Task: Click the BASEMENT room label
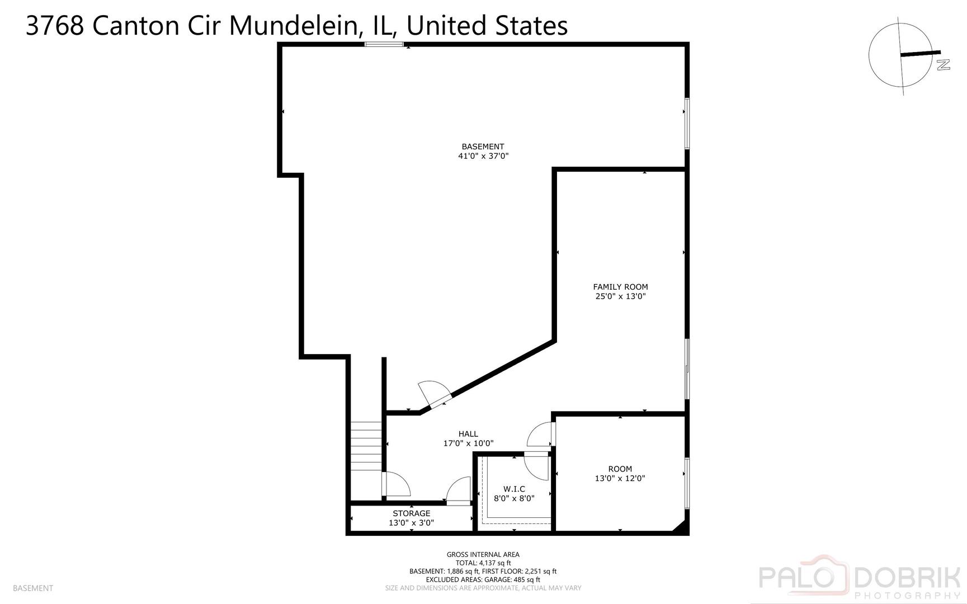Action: [483, 147]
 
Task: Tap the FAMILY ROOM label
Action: [620, 287]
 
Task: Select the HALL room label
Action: [468, 434]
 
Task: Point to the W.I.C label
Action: [514, 489]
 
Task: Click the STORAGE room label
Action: [411, 513]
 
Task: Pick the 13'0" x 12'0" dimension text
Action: [620, 478]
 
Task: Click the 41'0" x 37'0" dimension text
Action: [483, 157]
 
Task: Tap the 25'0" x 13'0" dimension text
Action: [620, 296]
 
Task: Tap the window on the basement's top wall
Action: [384, 44]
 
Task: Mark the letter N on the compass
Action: [943, 65]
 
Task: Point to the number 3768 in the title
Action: [55, 26]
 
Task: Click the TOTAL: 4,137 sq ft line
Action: [483, 563]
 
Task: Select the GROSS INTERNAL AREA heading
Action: [483, 555]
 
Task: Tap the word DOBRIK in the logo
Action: [908, 577]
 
